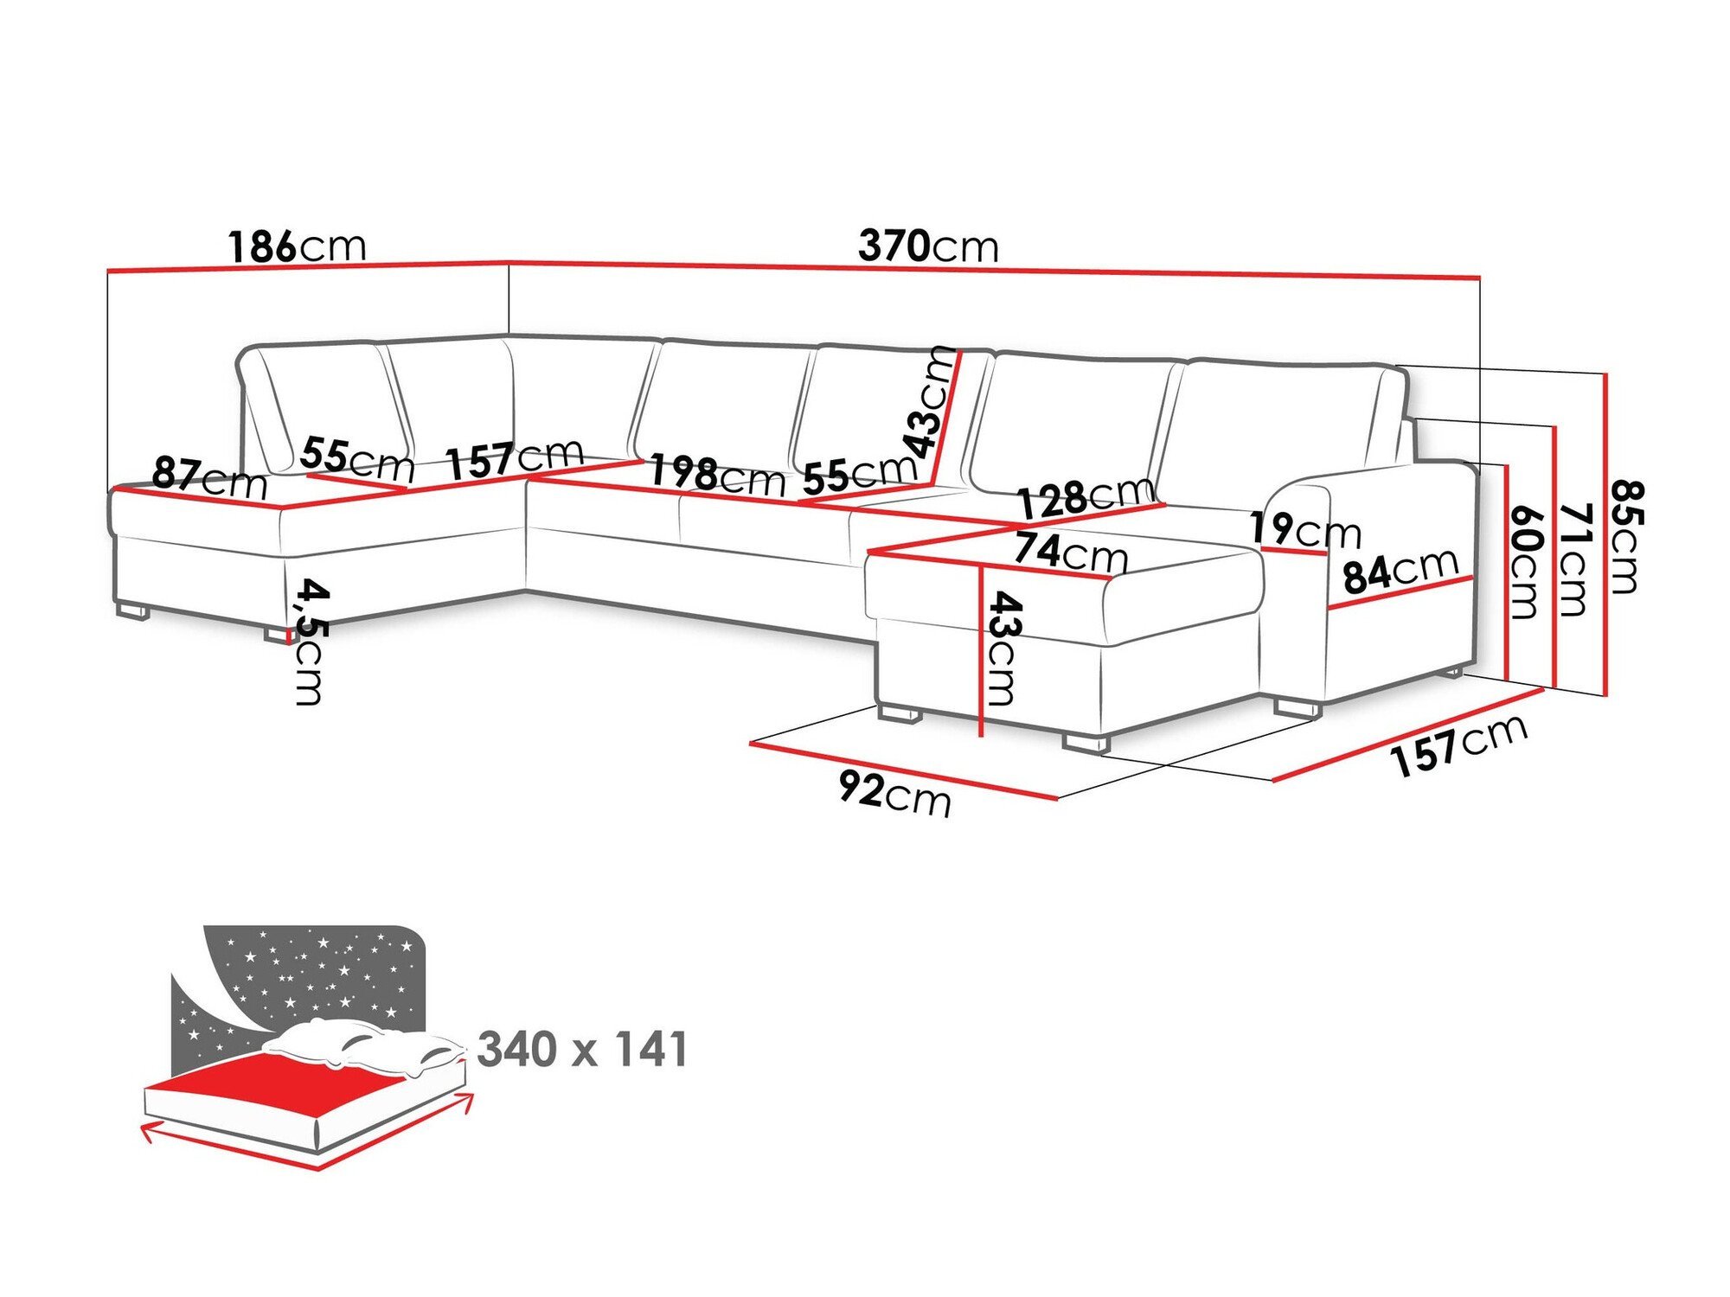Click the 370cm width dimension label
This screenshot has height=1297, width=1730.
pyautogui.click(x=928, y=246)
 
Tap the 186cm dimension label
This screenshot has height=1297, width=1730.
pyautogui.click(x=297, y=247)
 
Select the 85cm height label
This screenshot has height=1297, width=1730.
pyautogui.click(x=1626, y=536)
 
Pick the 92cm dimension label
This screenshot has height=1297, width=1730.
pyautogui.click(x=894, y=793)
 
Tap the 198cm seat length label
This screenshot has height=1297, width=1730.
pyautogui.click(x=717, y=476)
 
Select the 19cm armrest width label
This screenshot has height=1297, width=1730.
pyautogui.click(x=1304, y=529)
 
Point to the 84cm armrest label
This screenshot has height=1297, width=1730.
pyautogui.click(x=1400, y=571)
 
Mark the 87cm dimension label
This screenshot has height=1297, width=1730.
pyautogui.click(x=209, y=477)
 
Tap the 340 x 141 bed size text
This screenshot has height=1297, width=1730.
pyautogui.click(x=582, y=1050)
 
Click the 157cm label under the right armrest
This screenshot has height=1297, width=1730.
pyautogui.click(x=1458, y=745)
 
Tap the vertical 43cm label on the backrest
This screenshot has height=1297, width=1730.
pyautogui.click(x=931, y=402)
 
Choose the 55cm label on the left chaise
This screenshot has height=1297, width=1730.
pyautogui.click(x=357, y=459)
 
